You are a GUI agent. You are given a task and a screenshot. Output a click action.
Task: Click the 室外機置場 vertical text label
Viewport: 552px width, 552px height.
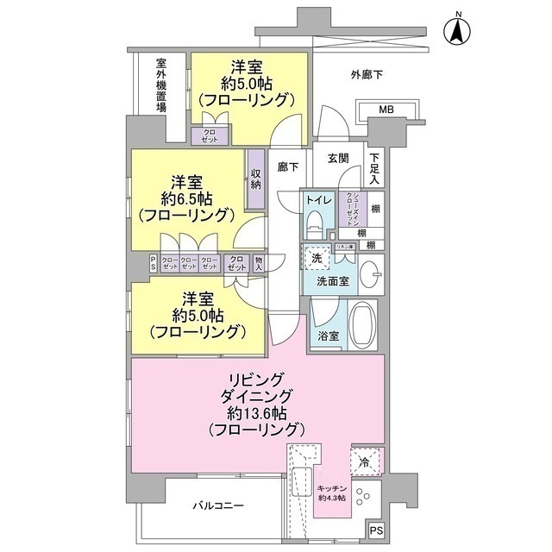(x=161, y=86)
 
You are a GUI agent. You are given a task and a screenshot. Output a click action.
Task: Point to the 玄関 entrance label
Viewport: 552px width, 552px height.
(x=338, y=158)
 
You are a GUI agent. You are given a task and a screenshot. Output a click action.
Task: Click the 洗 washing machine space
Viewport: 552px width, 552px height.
(x=317, y=258)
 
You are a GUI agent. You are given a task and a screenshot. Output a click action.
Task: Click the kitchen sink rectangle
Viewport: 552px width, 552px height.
(x=301, y=484)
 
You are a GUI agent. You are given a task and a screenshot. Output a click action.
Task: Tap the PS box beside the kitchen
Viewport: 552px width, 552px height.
(x=377, y=530)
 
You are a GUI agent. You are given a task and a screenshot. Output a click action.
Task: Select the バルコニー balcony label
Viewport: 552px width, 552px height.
(x=217, y=506)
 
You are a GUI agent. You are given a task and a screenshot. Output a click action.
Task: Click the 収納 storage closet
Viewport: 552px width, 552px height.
(x=256, y=179)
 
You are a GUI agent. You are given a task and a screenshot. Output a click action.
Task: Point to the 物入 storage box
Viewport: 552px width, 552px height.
(x=259, y=263)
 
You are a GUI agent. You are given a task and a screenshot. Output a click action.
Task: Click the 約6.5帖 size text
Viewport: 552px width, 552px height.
(x=185, y=198)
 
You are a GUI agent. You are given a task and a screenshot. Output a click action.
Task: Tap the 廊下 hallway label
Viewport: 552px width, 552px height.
(x=287, y=169)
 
